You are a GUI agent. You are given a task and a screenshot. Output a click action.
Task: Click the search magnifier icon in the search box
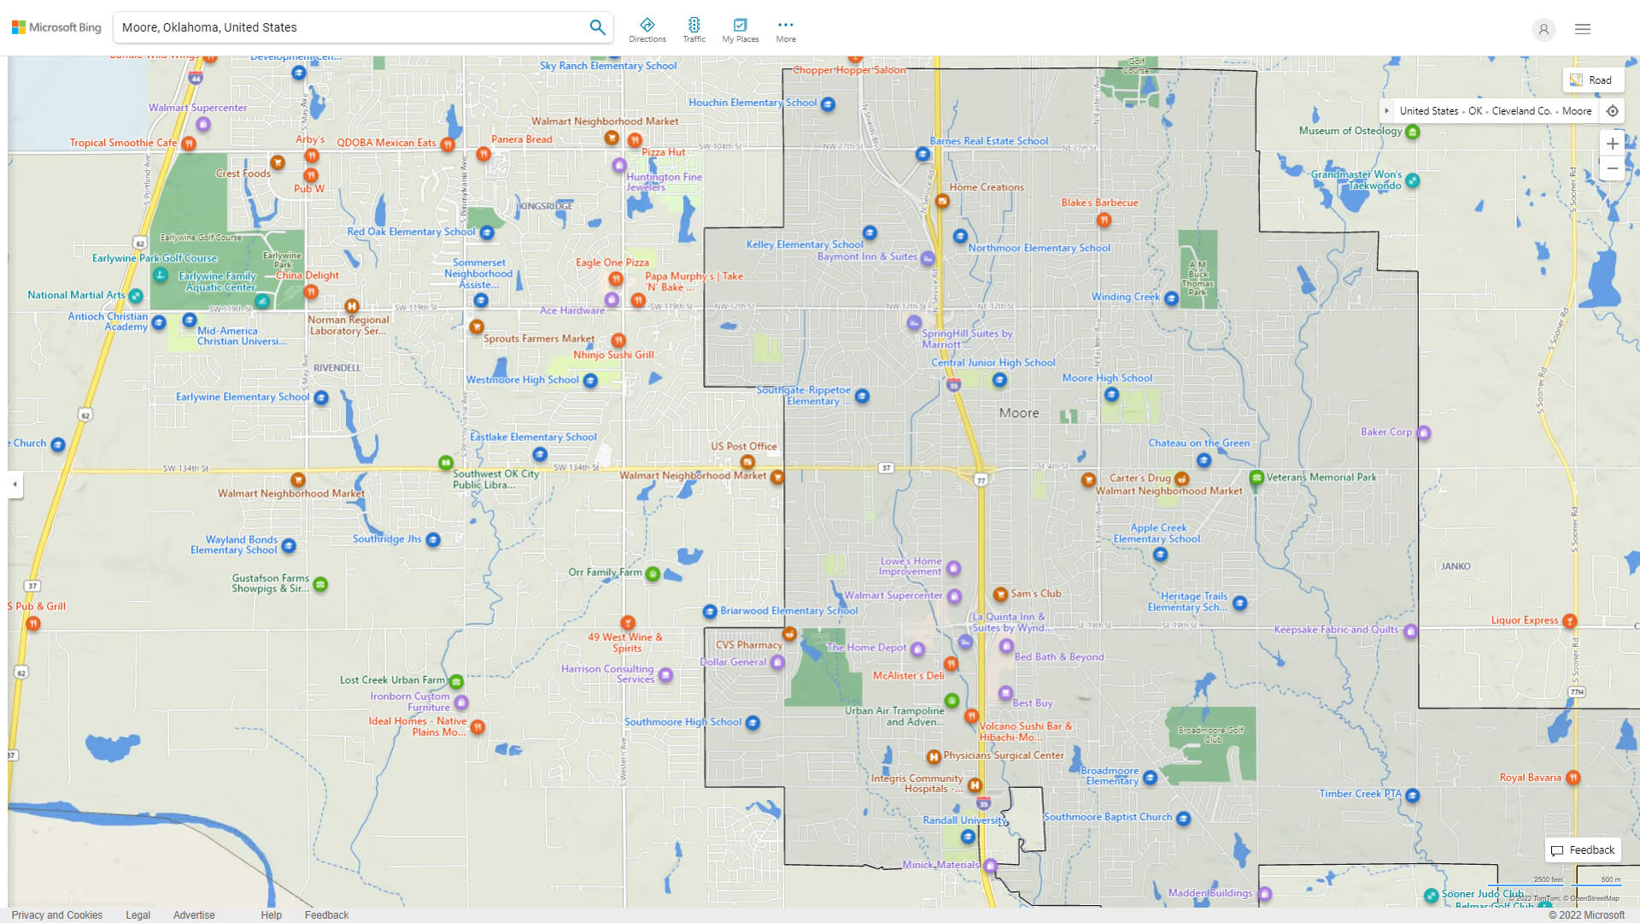(x=597, y=27)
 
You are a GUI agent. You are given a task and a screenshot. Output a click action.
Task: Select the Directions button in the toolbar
(x=647, y=29)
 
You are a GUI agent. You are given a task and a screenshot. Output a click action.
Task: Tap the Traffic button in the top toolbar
(x=694, y=29)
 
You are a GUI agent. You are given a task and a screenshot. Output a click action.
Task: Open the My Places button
(x=740, y=29)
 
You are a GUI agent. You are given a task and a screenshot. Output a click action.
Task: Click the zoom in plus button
(x=1612, y=144)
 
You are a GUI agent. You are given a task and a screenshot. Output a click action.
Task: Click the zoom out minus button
(x=1612, y=168)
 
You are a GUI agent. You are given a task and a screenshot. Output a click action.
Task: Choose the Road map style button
(x=1591, y=80)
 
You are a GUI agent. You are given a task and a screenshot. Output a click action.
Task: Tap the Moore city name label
(x=1019, y=413)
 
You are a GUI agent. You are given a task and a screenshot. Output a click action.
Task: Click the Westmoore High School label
(x=522, y=379)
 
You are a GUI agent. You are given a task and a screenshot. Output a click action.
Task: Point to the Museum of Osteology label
(x=1350, y=131)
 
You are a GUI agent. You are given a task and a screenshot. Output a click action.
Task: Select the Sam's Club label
(x=1035, y=593)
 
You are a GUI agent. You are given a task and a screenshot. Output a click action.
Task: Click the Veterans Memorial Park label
(x=1321, y=477)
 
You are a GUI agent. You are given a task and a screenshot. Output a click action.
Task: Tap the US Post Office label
(x=743, y=446)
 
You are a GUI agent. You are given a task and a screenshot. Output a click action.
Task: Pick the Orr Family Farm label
(x=605, y=573)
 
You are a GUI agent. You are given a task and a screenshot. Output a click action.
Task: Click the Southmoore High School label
(x=682, y=722)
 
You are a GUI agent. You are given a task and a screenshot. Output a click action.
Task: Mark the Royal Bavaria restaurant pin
(x=1573, y=778)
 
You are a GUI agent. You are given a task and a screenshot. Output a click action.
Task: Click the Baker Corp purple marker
(x=1423, y=432)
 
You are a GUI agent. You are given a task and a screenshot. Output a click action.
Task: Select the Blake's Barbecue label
(x=1099, y=203)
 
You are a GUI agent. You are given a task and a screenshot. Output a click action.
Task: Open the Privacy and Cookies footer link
(x=56, y=914)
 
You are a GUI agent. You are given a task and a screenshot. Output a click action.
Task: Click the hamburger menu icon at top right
(x=1582, y=29)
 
